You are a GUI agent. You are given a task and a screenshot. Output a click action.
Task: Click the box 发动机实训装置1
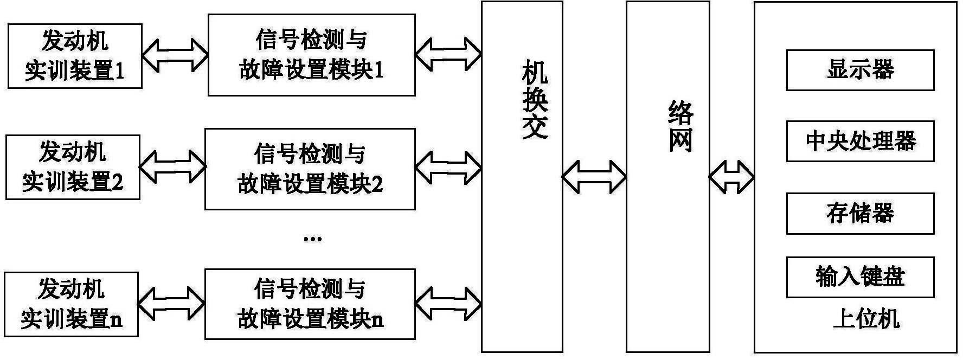[75, 56]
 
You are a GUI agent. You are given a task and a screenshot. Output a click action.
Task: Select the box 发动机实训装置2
[73, 167]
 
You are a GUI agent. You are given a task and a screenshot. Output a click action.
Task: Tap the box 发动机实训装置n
[71, 304]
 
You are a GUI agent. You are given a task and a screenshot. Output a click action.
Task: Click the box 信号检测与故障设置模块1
[311, 55]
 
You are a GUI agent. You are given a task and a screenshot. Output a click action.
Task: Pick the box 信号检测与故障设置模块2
[310, 169]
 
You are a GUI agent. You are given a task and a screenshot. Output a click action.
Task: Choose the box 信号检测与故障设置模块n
[310, 304]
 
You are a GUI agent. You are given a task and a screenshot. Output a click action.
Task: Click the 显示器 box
[860, 70]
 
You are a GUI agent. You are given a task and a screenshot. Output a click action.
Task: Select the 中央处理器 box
[860, 142]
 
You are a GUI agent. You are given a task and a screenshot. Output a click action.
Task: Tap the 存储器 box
[860, 214]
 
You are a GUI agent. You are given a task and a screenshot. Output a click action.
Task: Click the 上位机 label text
[866, 319]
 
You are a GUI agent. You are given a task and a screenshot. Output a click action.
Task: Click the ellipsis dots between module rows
[313, 239]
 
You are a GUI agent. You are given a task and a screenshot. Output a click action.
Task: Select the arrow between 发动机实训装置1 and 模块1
[175, 55]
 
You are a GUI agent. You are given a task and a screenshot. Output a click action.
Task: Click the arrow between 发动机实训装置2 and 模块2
[173, 166]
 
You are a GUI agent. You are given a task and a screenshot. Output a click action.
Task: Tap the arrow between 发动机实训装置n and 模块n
[171, 303]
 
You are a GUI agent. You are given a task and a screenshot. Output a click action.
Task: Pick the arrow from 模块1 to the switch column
[448, 55]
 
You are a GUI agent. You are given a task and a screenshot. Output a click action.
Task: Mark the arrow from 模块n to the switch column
[448, 303]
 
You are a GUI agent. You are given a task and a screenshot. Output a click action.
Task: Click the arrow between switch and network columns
[594, 177]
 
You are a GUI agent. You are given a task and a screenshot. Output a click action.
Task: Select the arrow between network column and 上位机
[731, 177]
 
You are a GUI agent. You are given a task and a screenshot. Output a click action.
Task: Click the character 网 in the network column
[680, 140]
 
